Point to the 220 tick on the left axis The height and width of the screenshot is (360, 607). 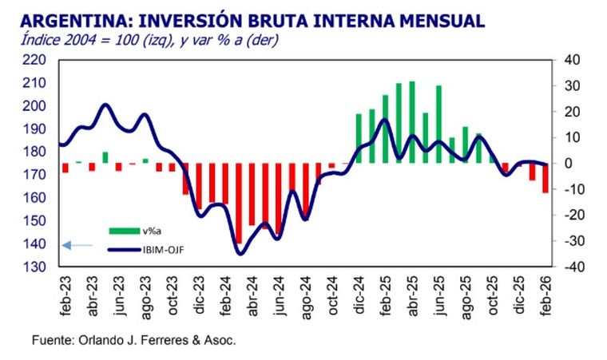(x=34, y=60)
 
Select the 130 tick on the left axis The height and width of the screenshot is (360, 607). (x=34, y=267)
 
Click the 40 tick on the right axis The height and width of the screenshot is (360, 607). (x=573, y=60)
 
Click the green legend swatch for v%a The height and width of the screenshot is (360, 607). (x=124, y=231)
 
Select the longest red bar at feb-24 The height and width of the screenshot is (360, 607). (x=238, y=203)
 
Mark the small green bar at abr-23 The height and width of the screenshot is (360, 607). (x=105, y=157)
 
